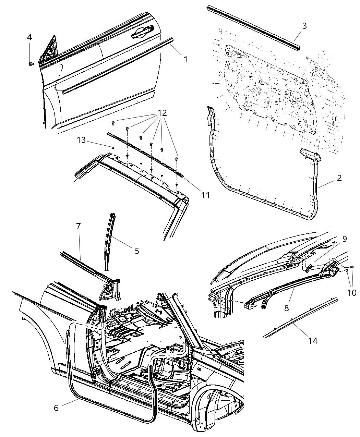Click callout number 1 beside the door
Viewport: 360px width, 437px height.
[185, 59]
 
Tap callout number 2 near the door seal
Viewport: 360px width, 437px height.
[339, 178]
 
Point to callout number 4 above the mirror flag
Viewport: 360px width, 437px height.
[29, 37]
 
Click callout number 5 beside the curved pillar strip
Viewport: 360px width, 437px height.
[137, 251]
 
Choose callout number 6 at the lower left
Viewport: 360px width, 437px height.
[56, 408]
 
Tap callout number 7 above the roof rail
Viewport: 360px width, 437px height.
[78, 226]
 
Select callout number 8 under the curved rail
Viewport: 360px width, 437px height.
[286, 308]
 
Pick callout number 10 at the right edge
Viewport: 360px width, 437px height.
[351, 292]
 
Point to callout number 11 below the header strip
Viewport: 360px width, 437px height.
[205, 195]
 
